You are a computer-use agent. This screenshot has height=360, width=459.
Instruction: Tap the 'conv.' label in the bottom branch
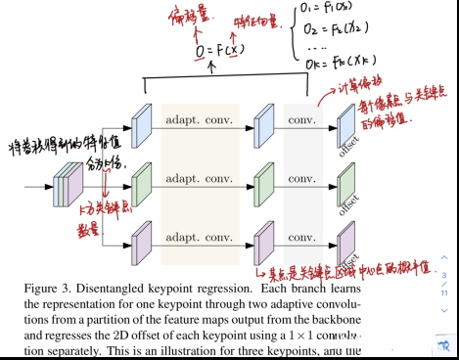(302, 239)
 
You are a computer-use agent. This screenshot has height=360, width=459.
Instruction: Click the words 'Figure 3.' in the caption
(46, 290)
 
